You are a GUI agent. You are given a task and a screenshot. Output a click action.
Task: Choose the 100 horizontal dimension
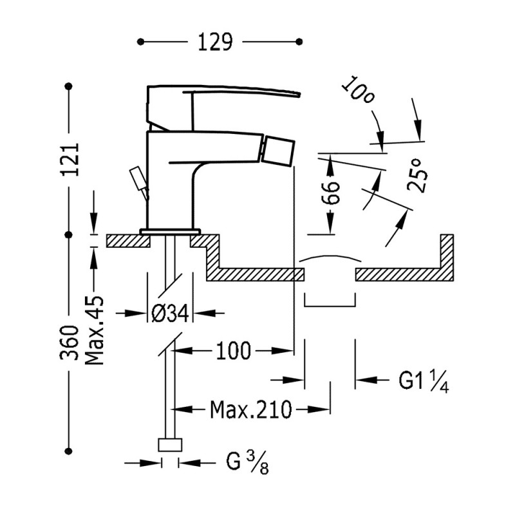point(234,351)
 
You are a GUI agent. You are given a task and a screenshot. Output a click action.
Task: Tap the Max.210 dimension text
point(250,408)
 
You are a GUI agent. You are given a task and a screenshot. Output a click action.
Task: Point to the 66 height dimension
point(331,192)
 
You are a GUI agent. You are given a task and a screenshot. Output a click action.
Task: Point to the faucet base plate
point(171,230)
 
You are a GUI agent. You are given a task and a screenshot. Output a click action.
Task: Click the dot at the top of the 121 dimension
point(70,85)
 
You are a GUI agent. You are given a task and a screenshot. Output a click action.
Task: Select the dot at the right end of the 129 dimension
point(300,42)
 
